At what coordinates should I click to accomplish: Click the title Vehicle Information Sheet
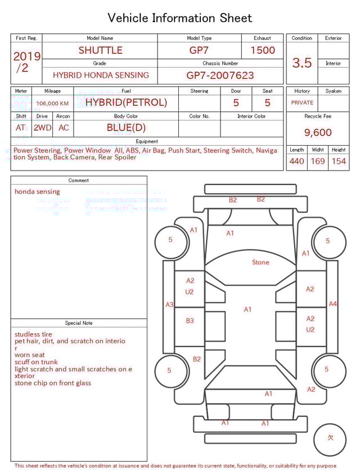(x=180, y=18)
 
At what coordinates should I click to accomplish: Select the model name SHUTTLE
(x=100, y=50)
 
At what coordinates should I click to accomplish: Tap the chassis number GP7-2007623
(x=220, y=75)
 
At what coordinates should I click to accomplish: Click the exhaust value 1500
(x=263, y=50)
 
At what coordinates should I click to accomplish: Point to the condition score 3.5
(x=302, y=63)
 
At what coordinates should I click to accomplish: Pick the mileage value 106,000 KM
(x=52, y=104)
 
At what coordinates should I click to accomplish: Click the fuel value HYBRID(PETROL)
(x=126, y=102)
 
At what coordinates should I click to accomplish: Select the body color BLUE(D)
(x=126, y=128)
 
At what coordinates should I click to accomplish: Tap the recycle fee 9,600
(x=318, y=133)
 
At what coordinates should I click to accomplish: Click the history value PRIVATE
(x=302, y=103)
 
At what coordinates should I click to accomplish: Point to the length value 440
(x=297, y=162)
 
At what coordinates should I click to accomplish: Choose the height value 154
(x=339, y=162)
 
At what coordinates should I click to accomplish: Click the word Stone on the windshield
(x=260, y=262)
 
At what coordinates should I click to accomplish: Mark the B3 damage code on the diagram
(x=190, y=321)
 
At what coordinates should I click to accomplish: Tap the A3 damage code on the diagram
(x=169, y=305)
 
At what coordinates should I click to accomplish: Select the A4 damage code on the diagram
(x=332, y=304)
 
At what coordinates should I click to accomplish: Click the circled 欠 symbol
(x=331, y=437)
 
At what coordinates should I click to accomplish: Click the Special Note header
(x=79, y=323)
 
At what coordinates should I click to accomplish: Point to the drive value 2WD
(x=42, y=128)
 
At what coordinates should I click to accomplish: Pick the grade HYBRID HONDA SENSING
(x=101, y=75)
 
